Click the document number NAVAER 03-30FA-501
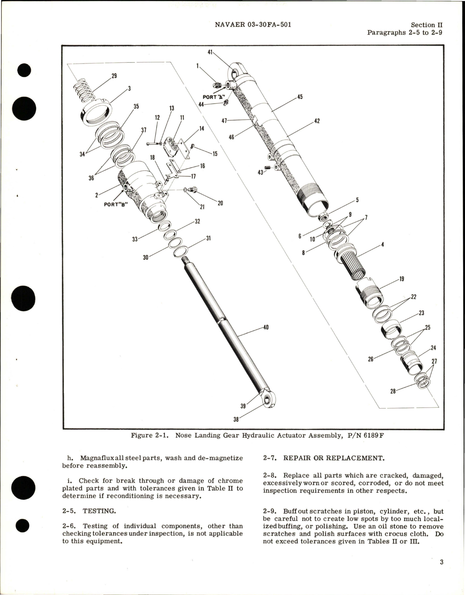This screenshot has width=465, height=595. pos(253,25)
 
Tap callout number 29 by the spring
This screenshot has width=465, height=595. pos(114,76)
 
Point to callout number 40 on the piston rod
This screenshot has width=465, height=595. pos(266,328)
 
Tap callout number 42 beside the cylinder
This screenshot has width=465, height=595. pos(317,121)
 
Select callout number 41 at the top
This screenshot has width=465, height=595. pos(210,52)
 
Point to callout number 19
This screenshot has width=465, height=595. pos(402,279)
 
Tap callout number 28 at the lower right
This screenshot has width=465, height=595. pos(393,391)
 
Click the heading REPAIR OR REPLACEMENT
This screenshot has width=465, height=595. pos(333,458)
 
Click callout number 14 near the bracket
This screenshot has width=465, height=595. pos(202,129)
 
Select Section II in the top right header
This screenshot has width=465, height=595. pos(427,25)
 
